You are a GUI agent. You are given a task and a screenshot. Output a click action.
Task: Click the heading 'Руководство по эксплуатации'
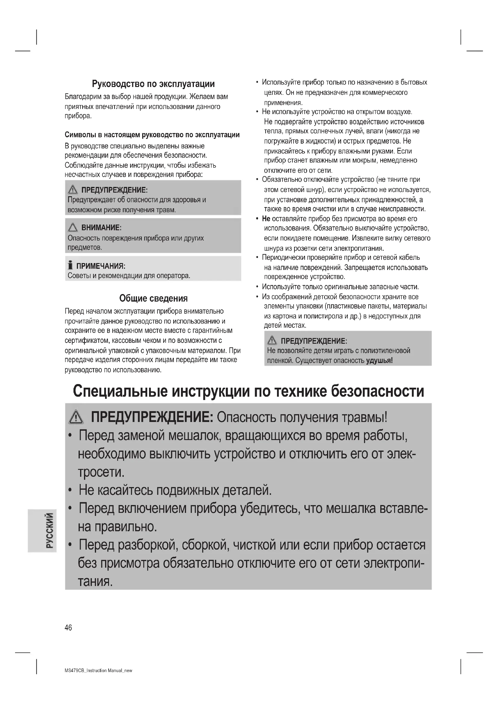[x=153, y=84]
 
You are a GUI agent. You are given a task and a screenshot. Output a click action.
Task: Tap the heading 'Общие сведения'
[x=153, y=298]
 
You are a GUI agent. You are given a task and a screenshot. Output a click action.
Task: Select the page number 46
[x=68, y=628]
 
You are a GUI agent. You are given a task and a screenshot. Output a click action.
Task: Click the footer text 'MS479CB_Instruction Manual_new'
[x=98, y=671]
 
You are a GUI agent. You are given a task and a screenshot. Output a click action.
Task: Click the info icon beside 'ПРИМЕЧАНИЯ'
[x=70, y=265]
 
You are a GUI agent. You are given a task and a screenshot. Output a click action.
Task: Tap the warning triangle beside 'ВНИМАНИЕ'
[x=73, y=228]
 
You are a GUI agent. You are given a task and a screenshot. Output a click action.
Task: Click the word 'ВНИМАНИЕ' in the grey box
[x=100, y=228]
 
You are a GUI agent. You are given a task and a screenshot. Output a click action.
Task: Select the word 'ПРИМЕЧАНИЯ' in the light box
[x=100, y=266]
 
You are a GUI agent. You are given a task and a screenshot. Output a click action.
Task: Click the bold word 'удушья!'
[x=379, y=360]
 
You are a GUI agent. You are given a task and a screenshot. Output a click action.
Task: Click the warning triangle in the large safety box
[x=76, y=418]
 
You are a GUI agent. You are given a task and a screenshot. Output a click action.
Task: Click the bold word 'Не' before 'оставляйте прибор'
[x=266, y=219]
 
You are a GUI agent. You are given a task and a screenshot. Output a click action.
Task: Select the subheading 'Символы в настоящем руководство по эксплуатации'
[x=152, y=135]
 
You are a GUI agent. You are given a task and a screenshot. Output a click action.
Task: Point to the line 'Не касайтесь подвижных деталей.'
[x=175, y=490]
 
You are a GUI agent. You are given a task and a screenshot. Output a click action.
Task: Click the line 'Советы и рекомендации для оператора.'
[x=129, y=276]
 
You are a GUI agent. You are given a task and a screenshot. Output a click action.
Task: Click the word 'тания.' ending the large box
[x=95, y=581]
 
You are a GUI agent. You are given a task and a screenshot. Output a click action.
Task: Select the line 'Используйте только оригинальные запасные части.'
[x=341, y=287]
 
